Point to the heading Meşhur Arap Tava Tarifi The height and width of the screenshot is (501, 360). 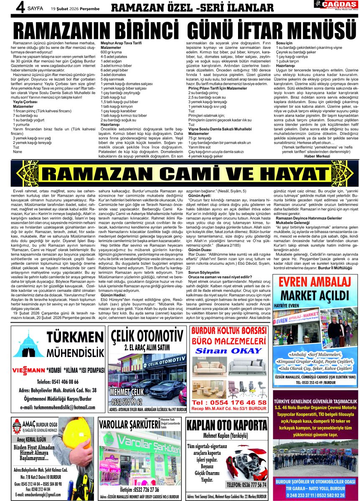pos(121,43)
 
